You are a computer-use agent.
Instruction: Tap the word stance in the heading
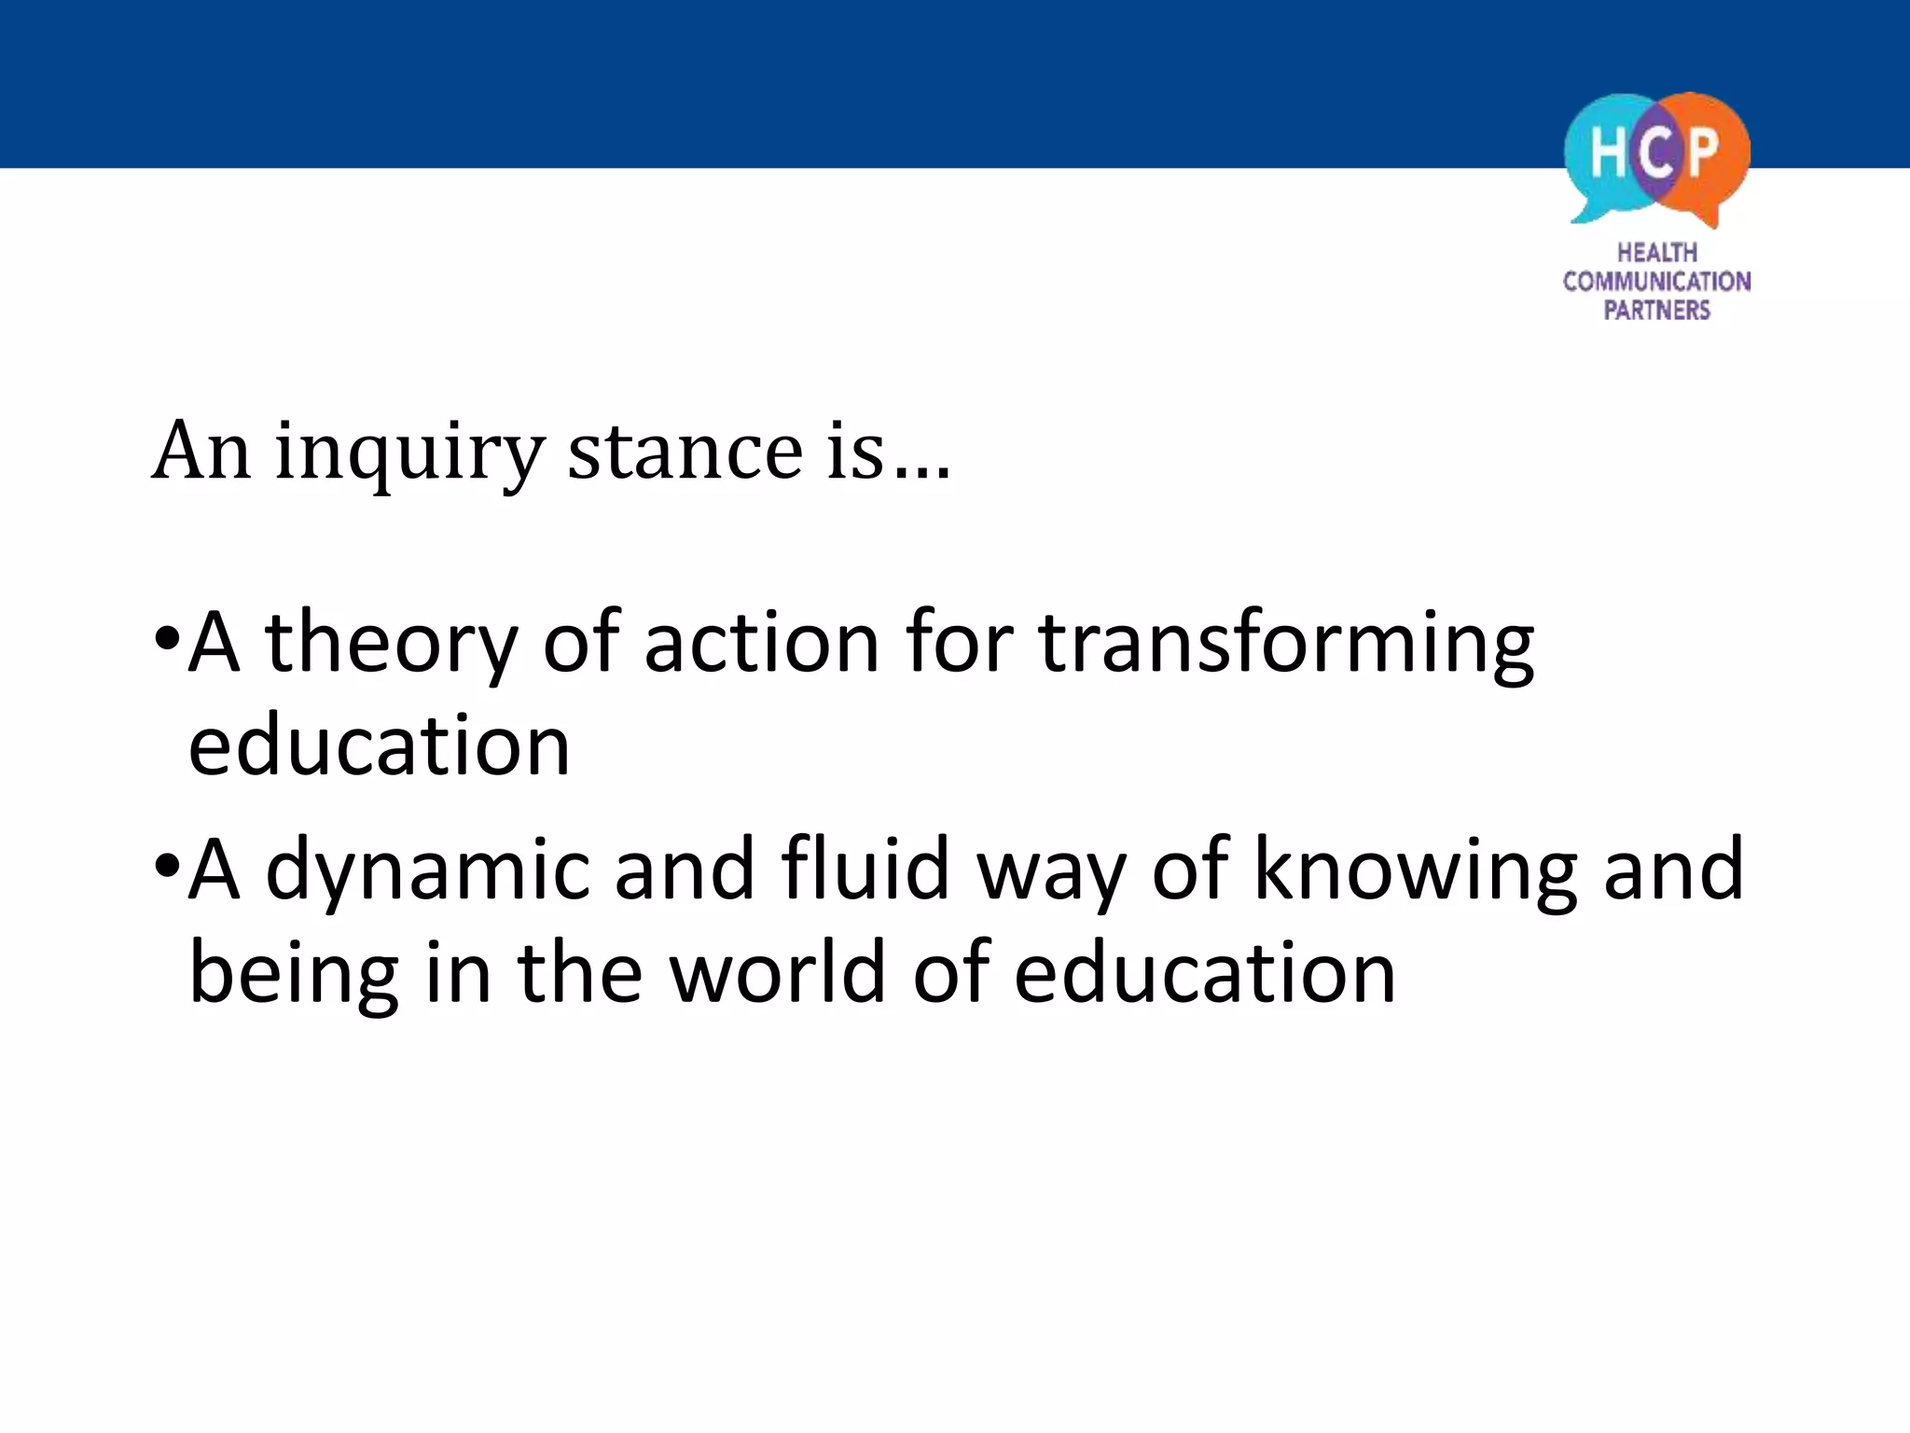click(685, 452)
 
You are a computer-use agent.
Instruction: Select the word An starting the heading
click(201, 452)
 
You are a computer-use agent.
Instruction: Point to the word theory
click(391, 644)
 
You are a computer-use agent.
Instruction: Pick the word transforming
click(1286, 644)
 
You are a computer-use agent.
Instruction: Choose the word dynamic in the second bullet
click(428, 870)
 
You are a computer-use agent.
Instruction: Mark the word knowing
click(1415, 870)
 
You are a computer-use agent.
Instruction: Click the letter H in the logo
click(1608, 152)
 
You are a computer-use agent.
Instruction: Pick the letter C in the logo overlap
click(1655, 152)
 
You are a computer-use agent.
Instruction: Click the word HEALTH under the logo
click(1657, 253)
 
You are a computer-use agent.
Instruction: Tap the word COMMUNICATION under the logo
click(1657, 282)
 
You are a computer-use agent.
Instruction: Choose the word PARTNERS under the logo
click(1657, 311)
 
